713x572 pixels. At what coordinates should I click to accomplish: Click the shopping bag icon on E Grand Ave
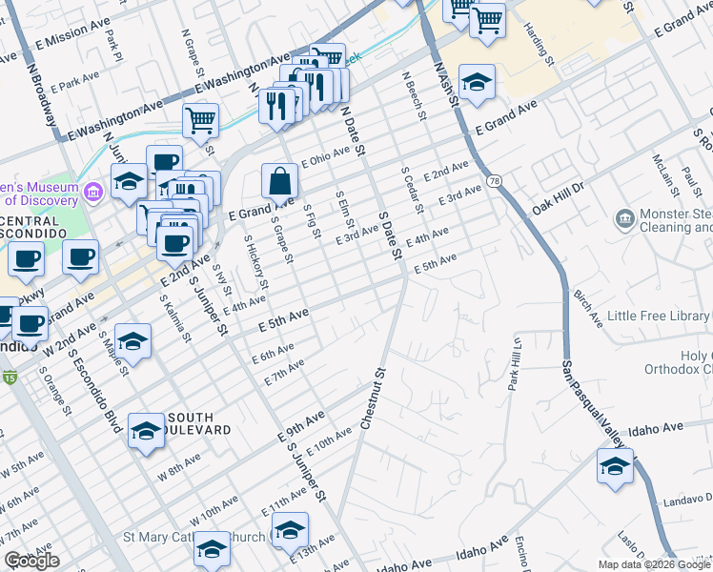[x=281, y=180]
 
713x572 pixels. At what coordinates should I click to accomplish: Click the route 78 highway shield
[x=493, y=180]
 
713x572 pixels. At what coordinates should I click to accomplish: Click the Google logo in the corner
[x=31, y=561]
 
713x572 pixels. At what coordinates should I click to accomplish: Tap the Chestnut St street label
[x=373, y=398]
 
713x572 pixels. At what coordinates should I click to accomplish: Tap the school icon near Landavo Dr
[x=615, y=467]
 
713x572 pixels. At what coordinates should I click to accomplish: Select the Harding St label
[x=539, y=48]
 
